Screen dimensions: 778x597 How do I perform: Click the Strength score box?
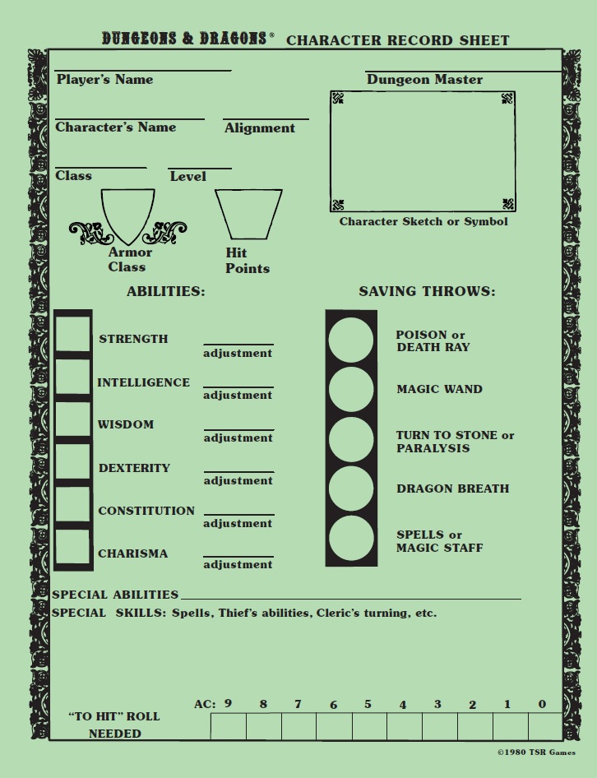(x=73, y=334)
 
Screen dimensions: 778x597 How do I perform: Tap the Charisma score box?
(x=73, y=548)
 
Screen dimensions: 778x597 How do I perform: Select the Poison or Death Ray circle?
(x=351, y=340)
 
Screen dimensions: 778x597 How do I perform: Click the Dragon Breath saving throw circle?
(x=351, y=489)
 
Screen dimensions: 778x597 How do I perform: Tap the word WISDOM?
(x=126, y=424)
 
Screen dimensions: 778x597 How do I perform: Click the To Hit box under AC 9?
(x=228, y=726)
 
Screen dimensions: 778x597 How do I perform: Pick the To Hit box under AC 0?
(x=544, y=726)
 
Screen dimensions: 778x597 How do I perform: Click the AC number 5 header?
(x=368, y=704)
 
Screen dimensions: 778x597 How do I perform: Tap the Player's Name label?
(x=104, y=80)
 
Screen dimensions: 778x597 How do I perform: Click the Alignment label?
(x=259, y=128)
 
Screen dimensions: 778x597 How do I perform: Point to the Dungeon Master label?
(x=424, y=80)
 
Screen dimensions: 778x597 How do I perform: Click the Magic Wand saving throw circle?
(x=351, y=389)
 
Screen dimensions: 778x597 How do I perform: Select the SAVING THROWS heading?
(x=427, y=291)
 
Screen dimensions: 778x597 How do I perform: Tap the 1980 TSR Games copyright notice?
(x=536, y=753)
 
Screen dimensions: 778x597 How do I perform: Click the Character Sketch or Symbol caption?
(x=423, y=221)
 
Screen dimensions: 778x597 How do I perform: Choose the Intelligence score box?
(x=73, y=377)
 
